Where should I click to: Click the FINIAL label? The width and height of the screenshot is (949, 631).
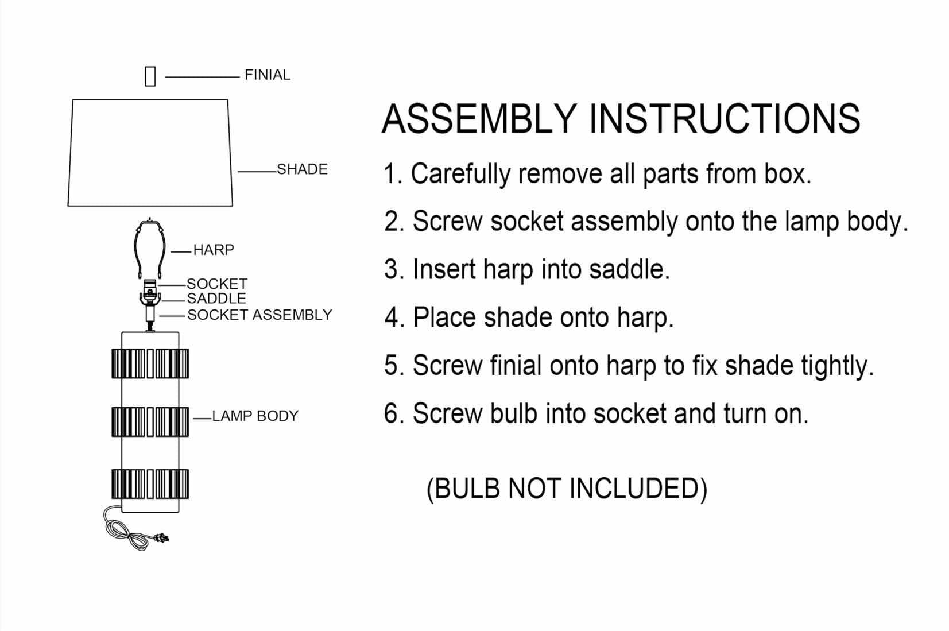[267, 75]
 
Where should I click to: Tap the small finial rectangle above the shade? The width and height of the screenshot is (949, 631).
[150, 76]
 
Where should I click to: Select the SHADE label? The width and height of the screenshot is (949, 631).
[302, 169]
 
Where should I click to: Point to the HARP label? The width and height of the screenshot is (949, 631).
[214, 250]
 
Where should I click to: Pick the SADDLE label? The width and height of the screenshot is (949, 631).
[216, 299]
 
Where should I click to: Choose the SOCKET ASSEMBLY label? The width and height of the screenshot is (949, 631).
[259, 315]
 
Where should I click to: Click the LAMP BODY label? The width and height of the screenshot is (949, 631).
[255, 416]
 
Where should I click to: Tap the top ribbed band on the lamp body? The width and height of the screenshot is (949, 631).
[150, 363]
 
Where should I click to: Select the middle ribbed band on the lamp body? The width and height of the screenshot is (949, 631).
[150, 422]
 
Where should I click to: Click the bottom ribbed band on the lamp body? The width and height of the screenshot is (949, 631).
[150, 483]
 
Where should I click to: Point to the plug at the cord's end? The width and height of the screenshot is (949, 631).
[162, 538]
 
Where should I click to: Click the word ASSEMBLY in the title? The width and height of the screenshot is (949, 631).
[479, 119]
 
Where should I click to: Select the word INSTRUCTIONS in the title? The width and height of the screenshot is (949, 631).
[725, 119]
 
